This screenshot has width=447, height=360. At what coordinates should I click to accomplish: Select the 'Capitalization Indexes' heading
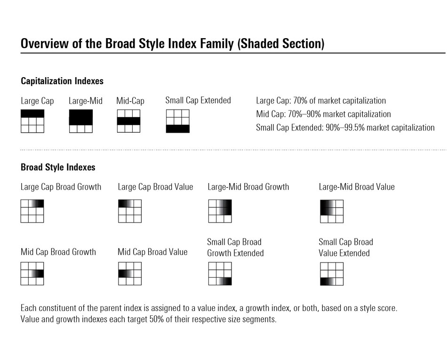tap(62, 81)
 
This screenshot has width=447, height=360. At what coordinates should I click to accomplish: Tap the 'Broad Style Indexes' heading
tap(58, 167)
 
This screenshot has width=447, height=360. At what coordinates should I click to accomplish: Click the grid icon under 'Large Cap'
tap(32, 121)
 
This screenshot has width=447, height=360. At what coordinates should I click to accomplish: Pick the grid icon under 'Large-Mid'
tap(80, 121)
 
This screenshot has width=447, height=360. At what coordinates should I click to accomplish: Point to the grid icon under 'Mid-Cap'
tap(128, 121)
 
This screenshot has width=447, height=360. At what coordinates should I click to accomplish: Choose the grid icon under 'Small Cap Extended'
tap(177, 121)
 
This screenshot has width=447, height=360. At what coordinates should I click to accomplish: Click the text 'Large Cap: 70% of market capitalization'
tap(320, 100)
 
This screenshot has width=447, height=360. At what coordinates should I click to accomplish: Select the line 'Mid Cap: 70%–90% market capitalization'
tap(323, 114)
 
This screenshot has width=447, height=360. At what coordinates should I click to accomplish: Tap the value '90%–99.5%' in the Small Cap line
tap(345, 128)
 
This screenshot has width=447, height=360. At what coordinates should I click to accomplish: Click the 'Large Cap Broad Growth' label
tap(61, 187)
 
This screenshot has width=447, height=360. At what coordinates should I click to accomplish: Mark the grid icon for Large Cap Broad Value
tap(129, 211)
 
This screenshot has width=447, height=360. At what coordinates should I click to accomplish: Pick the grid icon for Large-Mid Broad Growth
tap(220, 211)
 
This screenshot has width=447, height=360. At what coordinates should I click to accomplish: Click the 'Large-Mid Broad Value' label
tap(356, 187)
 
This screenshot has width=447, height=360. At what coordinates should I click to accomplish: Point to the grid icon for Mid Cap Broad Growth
tap(32, 273)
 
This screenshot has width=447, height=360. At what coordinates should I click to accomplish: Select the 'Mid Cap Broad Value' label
tap(152, 252)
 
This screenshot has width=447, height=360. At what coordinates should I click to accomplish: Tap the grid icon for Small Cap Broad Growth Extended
tap(220, 273)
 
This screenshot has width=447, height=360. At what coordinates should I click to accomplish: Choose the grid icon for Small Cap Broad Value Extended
tap(332, 273)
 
